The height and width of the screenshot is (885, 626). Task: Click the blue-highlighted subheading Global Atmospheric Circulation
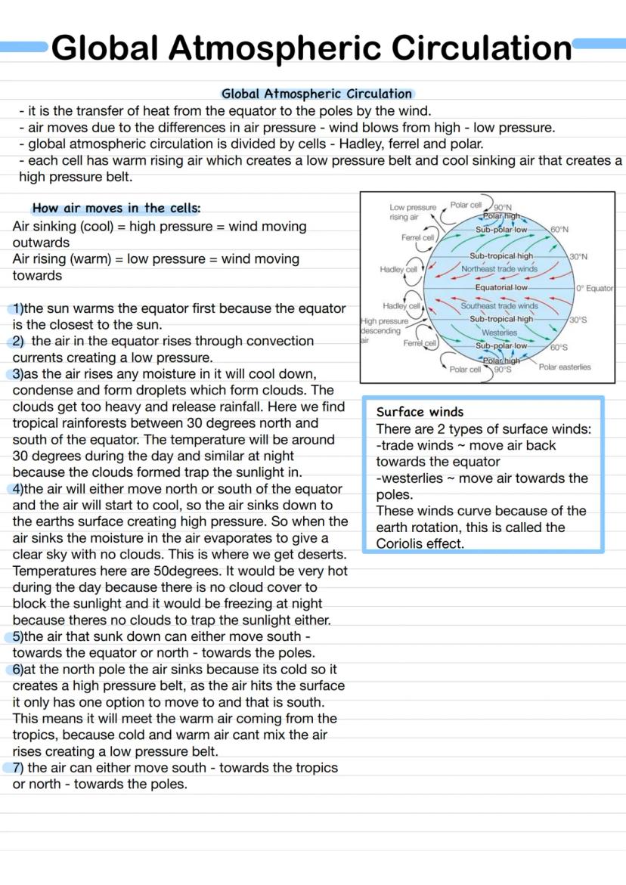pos(317,94)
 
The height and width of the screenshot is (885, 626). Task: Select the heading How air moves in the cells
pos(116,208)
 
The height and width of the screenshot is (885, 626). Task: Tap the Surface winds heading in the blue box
pos(420,412)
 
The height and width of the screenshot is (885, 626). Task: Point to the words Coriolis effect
pos(420,543)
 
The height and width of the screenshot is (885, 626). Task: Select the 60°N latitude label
pos(559,229)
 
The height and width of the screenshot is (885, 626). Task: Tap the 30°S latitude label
pos(579,320)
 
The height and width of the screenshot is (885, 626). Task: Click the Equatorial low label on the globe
pos(501,287)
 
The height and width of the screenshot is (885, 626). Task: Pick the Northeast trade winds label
pos(499,268)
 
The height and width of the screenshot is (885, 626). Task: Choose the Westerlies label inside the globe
pos(500,333)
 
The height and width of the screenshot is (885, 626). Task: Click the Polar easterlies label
pos(565,367)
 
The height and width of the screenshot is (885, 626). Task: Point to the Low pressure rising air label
pos(412,212)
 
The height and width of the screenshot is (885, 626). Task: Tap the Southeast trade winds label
pos(500,306)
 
